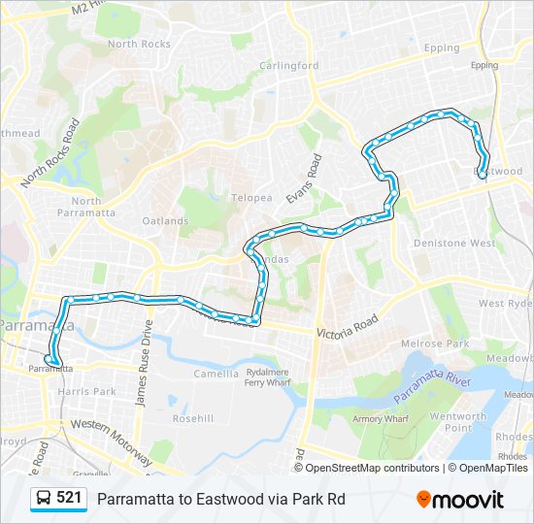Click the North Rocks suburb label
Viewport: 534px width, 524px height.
click(x=139, y=44)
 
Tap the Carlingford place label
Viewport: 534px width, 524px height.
click(x=288, y=66)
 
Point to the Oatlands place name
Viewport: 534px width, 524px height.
click(x=165, y=220)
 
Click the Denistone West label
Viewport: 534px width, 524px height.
click(x=454, y=244)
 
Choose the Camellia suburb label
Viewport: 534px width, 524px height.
click(x=216, y=374)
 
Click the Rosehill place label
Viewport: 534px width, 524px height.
click(x=192, y=419)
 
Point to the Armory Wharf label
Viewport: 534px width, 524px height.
click(x=380, y=419)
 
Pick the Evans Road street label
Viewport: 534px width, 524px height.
click(x=302, y=179)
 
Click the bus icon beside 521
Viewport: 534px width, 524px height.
click(x=44, y=499)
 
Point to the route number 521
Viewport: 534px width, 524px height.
click(x=69, y=498)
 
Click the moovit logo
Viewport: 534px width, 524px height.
click(x=460, y=500)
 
